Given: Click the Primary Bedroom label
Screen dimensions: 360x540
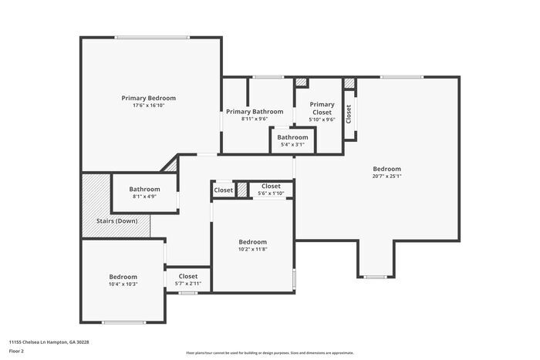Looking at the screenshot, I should coord(148,98).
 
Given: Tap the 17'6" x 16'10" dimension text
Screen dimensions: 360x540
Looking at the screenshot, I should coord(148,106).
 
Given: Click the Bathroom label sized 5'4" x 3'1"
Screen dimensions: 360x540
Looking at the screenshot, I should coord(292,137).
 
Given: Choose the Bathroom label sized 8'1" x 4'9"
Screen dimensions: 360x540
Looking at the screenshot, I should coord(144,189).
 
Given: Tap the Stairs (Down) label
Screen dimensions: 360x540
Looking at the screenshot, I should coord(116,221).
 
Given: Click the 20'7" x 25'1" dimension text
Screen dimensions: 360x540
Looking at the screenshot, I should coord(386,176).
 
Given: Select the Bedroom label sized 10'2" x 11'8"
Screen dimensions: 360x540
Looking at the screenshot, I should coord(252,241).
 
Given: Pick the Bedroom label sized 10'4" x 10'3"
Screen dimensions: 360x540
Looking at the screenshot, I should coord(123,277).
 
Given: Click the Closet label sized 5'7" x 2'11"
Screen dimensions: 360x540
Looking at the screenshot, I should coord(188,276).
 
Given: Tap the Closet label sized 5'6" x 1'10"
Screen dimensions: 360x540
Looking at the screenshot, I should coord(271,186).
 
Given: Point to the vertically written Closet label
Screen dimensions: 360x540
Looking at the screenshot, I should coord(349,114).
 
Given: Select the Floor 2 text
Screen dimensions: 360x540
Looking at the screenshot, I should coord(16,351).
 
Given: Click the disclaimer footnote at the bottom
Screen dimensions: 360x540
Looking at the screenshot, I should coord(269,352).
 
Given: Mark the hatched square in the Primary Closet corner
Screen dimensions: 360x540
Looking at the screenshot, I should coord(302,82).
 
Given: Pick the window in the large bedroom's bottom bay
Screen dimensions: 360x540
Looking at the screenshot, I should coord(376,277).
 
